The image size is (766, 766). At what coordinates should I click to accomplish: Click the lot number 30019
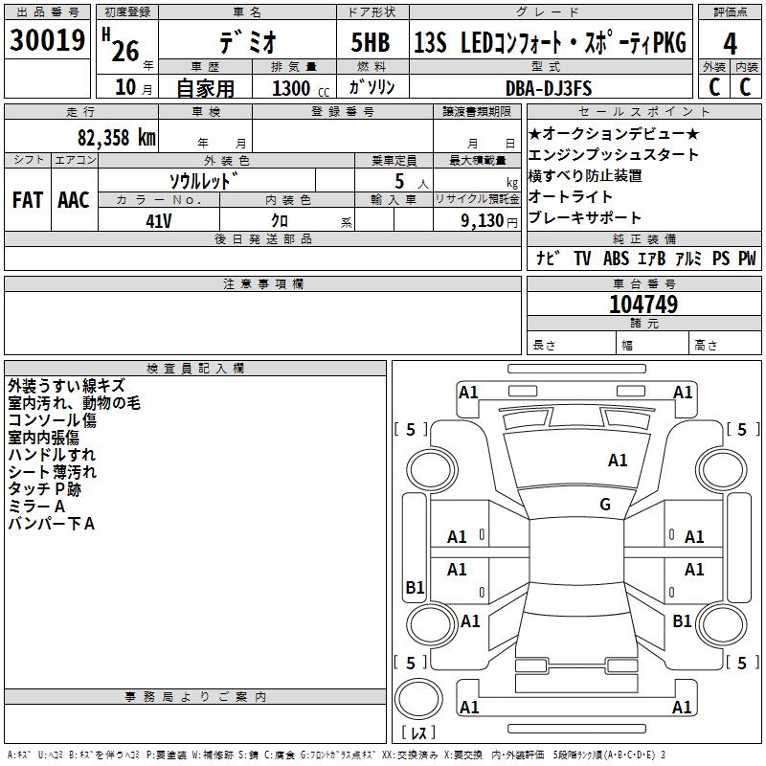click(x=47, y=39)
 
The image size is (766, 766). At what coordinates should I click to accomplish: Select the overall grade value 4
click(x=730, y=44)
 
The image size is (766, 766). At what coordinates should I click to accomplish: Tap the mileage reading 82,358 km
click(x=116, y=137)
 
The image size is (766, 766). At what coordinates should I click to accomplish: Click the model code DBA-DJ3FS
click(x=549, y=88)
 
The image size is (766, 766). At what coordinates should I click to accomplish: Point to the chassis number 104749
click(x=643, y=304)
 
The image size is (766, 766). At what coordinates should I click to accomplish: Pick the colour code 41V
click(x=159, y=221)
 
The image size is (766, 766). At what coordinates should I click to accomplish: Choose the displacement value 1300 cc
click(x=301, y=88)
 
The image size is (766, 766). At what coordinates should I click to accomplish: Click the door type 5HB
click(x=371, y=42)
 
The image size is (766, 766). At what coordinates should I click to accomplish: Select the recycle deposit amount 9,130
click(x=483, y=221)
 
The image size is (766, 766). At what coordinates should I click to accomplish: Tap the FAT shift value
click(x=28, y=200)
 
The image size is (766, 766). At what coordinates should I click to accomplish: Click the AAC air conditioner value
click(x=74, y=200)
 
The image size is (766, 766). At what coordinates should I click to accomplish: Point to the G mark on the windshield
click(x=605, y=504)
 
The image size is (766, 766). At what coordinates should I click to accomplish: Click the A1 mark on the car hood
click(x=618, y=461)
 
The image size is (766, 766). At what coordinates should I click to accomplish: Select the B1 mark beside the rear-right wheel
click(x=682, y=620)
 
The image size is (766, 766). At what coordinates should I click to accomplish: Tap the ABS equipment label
click(x=616, y=259)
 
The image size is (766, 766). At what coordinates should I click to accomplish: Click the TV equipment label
click(x=582, y=259)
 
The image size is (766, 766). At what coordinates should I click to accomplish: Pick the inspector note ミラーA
click(x=36, y=507)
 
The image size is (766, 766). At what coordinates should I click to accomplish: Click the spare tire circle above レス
click(x=418, y=699)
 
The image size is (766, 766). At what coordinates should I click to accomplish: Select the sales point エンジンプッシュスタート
click(x=614, y=155)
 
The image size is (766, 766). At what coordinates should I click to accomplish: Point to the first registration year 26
click(x=125, y=51)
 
